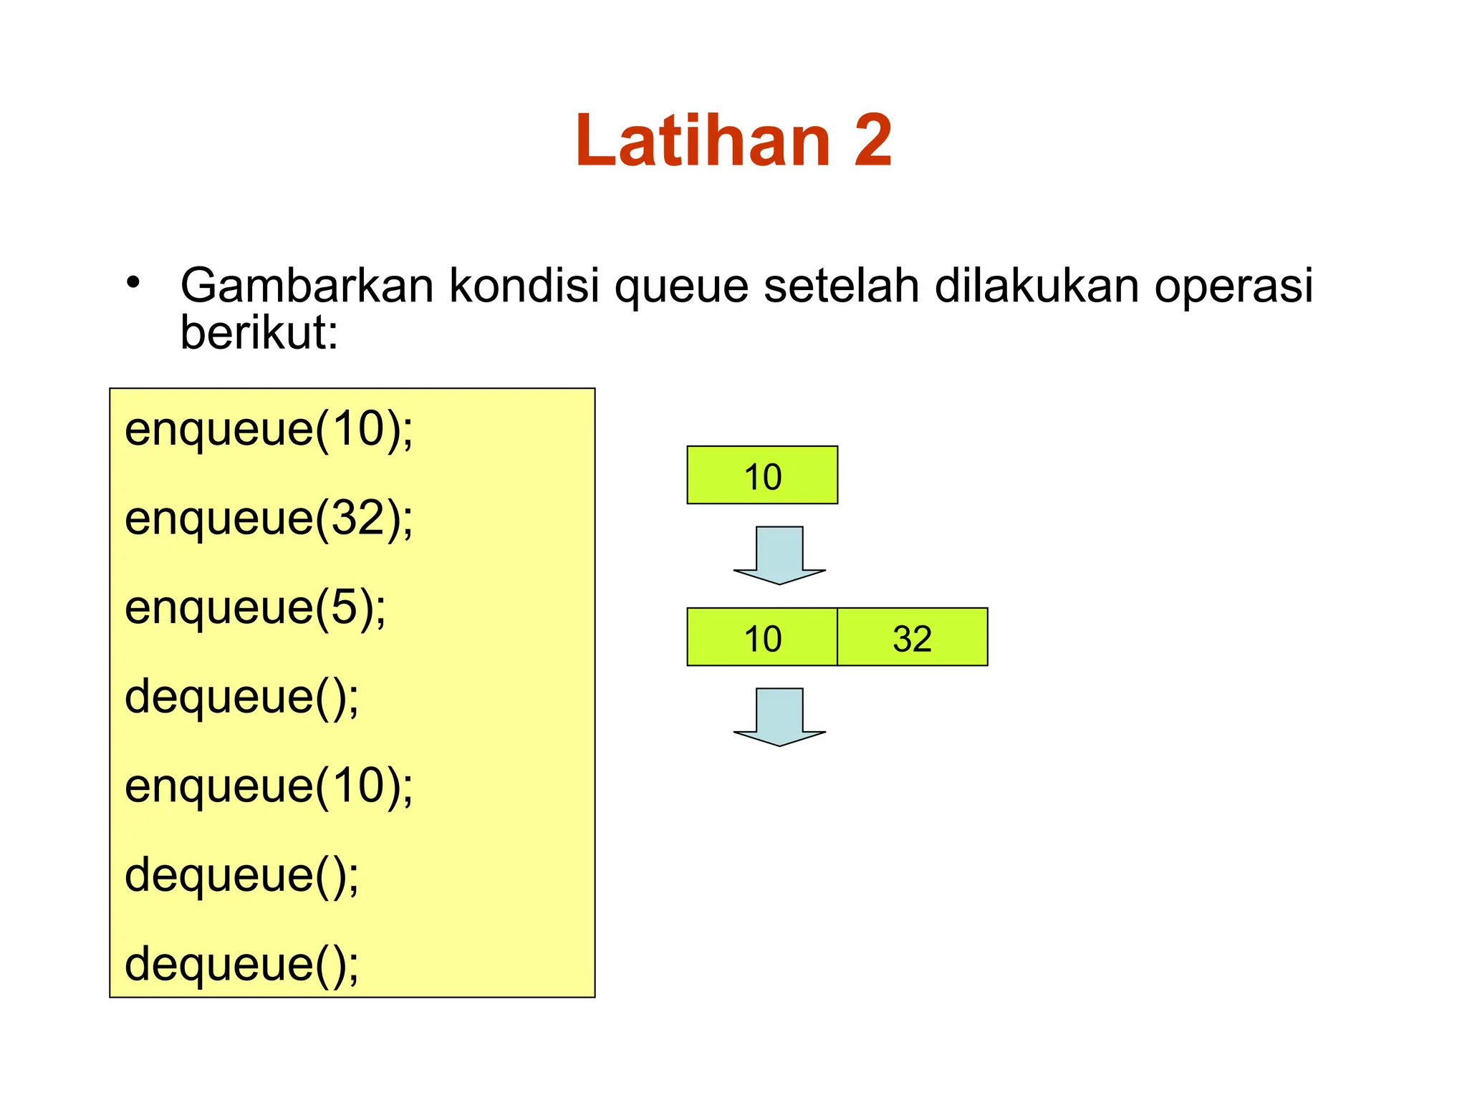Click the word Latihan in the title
[x=702, y=140]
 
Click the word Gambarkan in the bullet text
[x=307, y=286]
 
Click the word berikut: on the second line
[x=259, y=333]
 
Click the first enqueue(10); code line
[x=269, y=430]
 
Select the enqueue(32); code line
[x=269, y=519]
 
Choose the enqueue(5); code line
[x=255, y=608]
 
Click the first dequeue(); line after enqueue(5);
[x=241, y=697]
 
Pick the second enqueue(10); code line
[x=269, y=786]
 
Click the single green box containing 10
[x=762, y=476]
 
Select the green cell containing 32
[x=912, y=637]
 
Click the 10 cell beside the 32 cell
[x=762, y=637]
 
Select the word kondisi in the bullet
[x=524, y=286]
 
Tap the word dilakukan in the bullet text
[x=1036, y=286]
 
